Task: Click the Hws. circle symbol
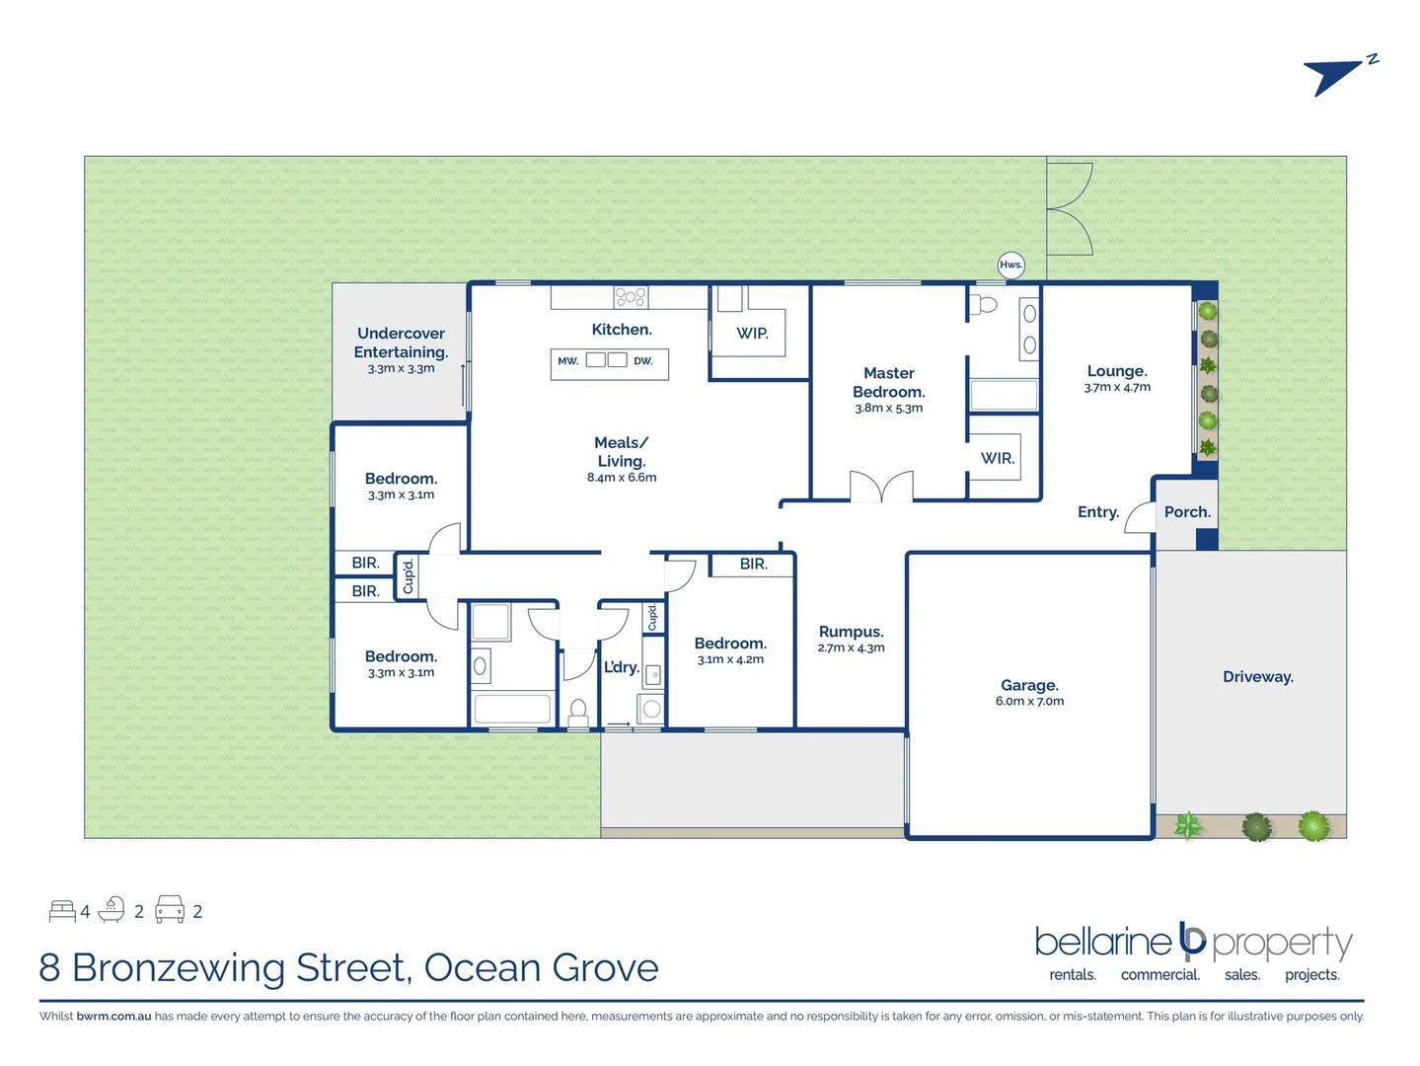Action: coord(1010,265)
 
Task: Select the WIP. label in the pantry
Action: coord(752,334)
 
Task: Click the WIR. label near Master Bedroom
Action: coord(997,458)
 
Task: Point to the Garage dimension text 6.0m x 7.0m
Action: coord(1029,702)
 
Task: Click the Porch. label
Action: coord(1187,512)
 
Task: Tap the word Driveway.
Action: coord(1257,677)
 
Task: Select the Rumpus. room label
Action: coord(851,632)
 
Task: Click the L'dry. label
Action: coord(622,667)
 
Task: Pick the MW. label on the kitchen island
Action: coord(567,361)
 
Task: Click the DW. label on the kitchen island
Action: coord(643,361)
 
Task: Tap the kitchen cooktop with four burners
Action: coord(631,296)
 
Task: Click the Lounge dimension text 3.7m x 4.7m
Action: coord(1117,388)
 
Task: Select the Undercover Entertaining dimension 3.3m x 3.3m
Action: coord(401,369)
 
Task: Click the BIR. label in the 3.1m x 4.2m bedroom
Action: coord(753,564)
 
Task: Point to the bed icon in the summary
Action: coord(62,911)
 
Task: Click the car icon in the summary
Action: coord(170,910)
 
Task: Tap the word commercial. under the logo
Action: coord(1159,975)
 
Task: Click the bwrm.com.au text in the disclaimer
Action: coord(113,1017)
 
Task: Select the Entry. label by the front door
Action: coord(1097,512)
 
